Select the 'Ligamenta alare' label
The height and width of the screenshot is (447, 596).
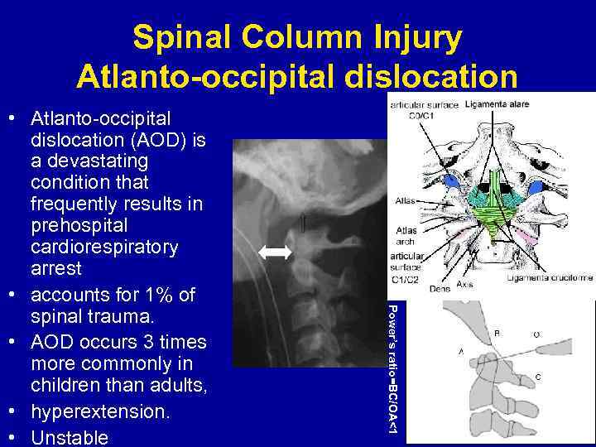(x=497, y=104)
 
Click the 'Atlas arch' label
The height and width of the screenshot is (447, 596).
(x=406, y=236)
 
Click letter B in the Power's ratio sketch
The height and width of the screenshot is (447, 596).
(x=497, y=333)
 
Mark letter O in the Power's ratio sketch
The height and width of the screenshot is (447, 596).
(x=537, y=335)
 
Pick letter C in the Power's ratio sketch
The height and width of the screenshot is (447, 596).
(x=538, y=377)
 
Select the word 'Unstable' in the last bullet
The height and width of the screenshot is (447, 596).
(x=70, y=436)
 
